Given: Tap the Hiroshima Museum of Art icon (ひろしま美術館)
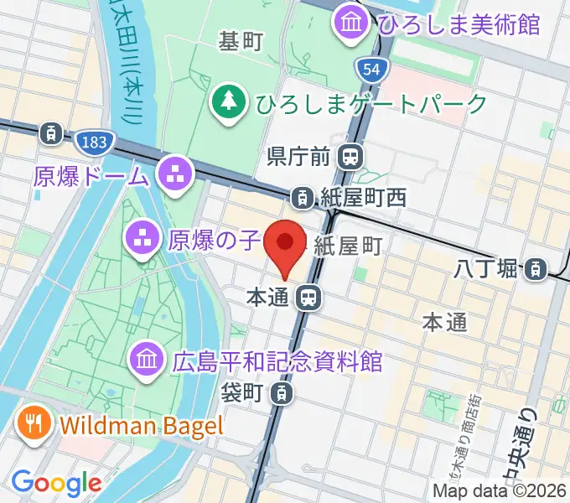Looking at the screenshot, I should (349, 24).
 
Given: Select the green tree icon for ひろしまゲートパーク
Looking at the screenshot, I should (227, 104).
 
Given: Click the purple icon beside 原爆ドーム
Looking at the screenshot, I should (175, 175).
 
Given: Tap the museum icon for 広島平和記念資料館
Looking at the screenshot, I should (148, 361).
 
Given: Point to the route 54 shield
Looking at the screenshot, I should (366, 69).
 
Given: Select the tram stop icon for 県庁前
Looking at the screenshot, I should (350, 155).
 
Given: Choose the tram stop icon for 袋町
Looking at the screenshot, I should (284, 392).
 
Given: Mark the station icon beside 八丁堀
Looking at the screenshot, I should (533, 269).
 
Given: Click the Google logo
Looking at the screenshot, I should (56, 484).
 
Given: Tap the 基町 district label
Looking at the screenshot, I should (241, 41).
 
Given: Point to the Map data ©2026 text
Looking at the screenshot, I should (500, 491).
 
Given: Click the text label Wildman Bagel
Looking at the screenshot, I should (142, 425).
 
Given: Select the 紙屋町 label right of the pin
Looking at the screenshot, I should (349, 245).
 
